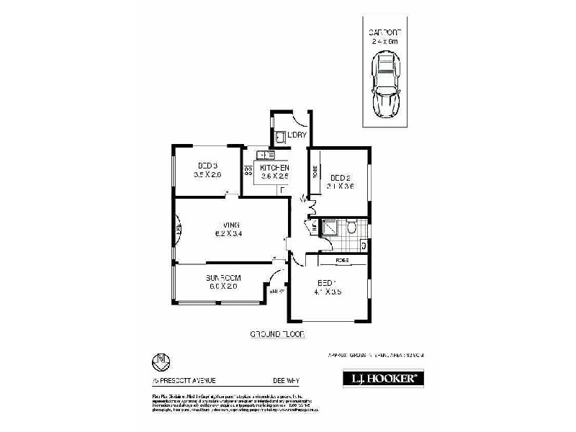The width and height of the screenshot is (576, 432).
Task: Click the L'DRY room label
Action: (x=297, y=135)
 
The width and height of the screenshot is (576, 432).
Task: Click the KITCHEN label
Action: (x=274, y=167)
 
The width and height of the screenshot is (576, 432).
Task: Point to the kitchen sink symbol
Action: (x=266, y=154)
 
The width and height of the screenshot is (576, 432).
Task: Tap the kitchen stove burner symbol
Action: (x=248, y=171)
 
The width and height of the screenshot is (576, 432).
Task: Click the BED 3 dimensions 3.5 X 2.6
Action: (x=207, y=175)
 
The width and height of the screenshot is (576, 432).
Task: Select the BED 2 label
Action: (x=340, y=178)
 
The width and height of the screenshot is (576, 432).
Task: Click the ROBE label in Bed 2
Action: (x=315, y=171)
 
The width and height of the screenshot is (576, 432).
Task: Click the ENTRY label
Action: (x=276, y=292)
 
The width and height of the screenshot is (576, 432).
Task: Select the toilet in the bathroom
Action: (x=351, y=228)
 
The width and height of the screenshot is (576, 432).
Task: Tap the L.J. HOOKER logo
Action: (x=382, y=378)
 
